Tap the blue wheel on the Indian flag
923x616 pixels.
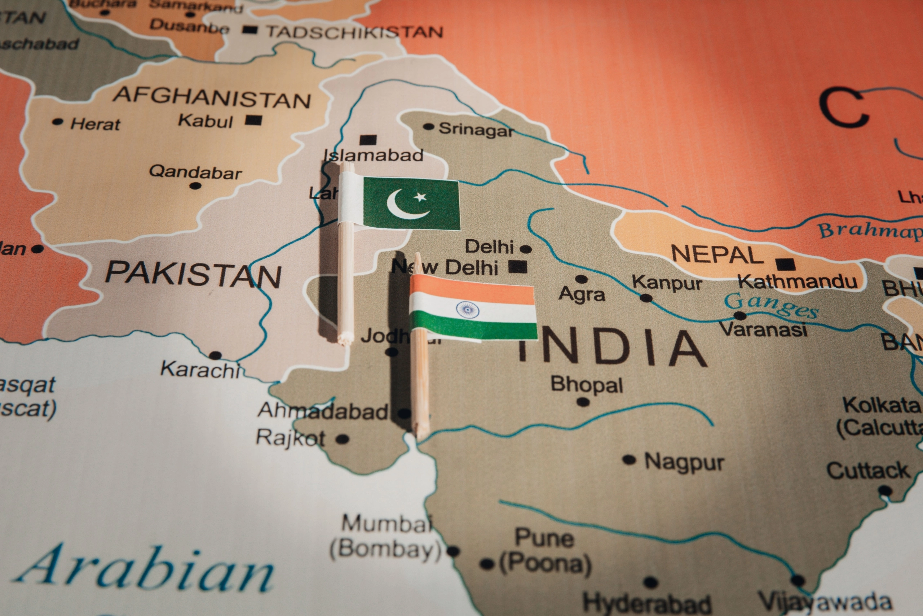point(467,310)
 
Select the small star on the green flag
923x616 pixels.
point(421,196)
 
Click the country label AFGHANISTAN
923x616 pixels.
point(212,97)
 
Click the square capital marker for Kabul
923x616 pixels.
point(253,120)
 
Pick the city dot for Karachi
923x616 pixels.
point(215,355)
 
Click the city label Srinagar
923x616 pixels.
point(476,129)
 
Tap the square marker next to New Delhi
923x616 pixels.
point(518,267)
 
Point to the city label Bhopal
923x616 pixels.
point(587,385)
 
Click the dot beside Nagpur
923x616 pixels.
point(629,459)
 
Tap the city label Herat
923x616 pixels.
point(95,124)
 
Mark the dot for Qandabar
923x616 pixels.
point(195,185)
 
